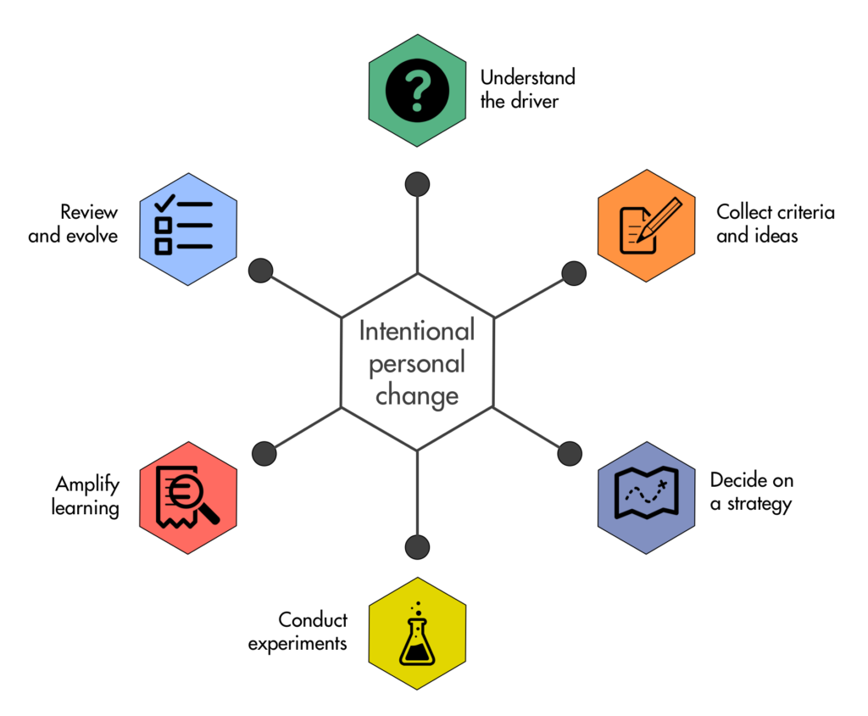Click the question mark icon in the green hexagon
[x=417, y=90]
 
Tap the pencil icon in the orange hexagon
[x=659, y=220]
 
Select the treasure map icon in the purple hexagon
[x=647, y=493]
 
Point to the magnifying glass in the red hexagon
[x=194, y=500]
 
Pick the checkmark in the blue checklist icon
[x=164, y=204]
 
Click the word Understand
[x=527, y=77]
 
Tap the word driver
[x=535, y=102]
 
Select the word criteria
[x=804, y=212]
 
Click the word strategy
[x=759, y=504]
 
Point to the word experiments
[x=298, y=644]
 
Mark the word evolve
[x=92, y=236]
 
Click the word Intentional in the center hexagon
[x=417, y=331]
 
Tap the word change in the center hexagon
[x=417, y=396]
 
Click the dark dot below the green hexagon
[x=417, y=184]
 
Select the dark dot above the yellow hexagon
[x=417, y=547]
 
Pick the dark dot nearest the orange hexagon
[x=574, y=273]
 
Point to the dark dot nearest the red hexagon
[x=264, y=453]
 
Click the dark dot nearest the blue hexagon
[x=261, y=271]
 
